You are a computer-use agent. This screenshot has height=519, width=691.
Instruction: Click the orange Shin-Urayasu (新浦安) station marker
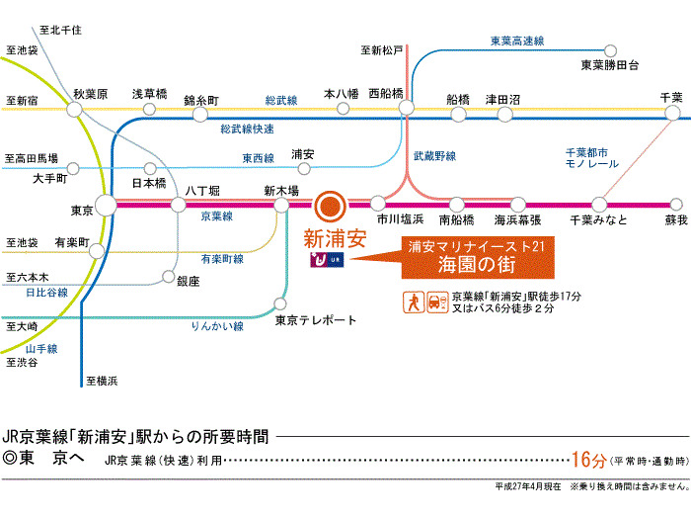(330, 206)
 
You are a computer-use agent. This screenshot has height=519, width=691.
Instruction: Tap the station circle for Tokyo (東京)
(106, 206)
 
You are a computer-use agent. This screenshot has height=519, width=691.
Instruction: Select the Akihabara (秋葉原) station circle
(74, 109)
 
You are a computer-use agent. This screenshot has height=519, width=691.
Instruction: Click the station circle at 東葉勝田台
(610, 50)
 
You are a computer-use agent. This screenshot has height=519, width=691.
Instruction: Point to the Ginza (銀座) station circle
(169, 277)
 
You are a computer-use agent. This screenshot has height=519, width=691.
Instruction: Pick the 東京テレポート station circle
(279, 303)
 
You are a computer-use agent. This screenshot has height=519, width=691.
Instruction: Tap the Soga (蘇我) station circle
(676, 205)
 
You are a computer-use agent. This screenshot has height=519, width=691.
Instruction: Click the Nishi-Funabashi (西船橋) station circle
(407, 107)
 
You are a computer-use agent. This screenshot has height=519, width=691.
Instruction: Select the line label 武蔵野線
(434, 156)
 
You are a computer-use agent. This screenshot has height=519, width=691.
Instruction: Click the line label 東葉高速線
(517, 42)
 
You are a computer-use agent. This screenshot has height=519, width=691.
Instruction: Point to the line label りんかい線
(217, 326)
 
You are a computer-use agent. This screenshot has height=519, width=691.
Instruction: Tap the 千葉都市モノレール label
(592, 158)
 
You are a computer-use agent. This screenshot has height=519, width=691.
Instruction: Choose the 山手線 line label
(41, 349)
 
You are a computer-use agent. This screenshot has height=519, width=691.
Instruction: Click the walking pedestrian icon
(414, 303)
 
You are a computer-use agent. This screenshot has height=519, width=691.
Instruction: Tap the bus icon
(437, 303)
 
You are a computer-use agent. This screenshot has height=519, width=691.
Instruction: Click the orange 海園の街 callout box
(478, 258)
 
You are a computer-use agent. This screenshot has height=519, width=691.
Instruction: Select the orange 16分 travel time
(589, 460)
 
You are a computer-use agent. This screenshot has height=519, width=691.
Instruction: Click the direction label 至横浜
(102, 381)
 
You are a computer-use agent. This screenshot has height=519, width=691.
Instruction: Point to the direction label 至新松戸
(382, 50)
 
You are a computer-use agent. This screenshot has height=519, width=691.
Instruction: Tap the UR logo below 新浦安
(327, 259)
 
